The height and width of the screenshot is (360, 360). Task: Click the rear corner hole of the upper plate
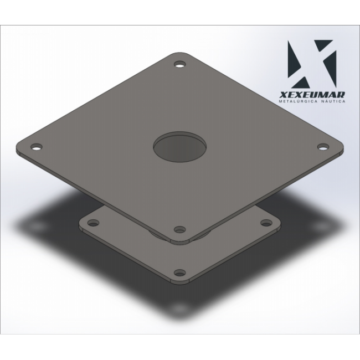(180, 64)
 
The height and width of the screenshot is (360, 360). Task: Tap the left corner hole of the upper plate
(37, 146)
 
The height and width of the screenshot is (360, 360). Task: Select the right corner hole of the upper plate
(323, 146)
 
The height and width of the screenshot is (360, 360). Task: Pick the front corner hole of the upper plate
(180, 229)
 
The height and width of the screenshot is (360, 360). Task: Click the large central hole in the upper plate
(179, 147)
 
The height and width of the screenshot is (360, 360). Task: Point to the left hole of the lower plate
(94, 223)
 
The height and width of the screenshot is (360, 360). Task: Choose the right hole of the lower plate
(266, 223)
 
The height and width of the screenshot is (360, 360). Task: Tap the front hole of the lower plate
(180, 272)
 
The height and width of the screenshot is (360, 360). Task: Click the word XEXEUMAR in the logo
(312, 95)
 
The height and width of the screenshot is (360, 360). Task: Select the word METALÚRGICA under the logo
(298, 101)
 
